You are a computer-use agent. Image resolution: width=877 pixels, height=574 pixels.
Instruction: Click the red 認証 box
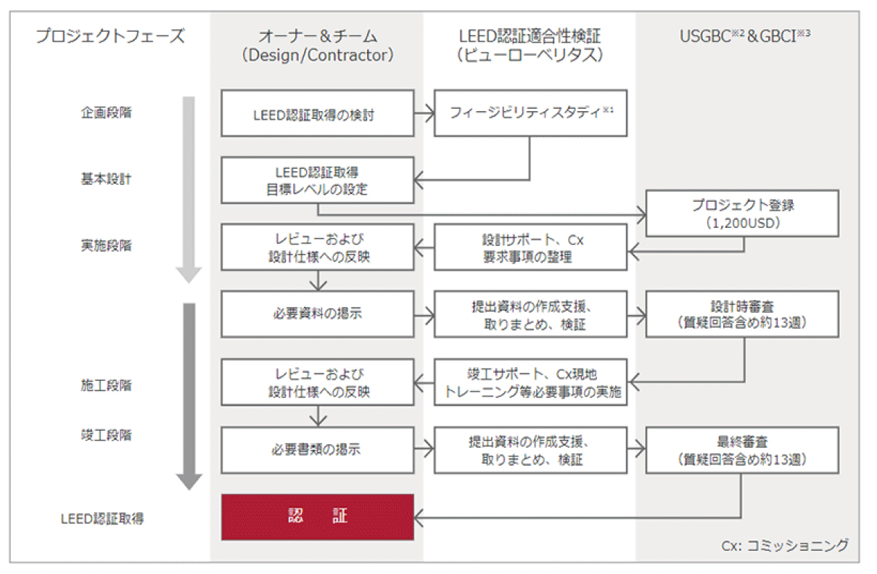pyautogui.click(x=317, y=517)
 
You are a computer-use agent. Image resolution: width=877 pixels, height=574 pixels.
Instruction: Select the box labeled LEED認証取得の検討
pyautogui.click(x=317, y=113)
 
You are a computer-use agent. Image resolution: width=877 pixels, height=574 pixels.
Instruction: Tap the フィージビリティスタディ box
pyautogui.click(x=530, y=113)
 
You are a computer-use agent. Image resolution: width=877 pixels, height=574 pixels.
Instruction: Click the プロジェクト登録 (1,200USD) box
pyautogui.click(x=742, y=213)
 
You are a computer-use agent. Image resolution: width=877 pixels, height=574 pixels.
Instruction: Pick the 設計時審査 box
pyautogui.click(x=742, y=314)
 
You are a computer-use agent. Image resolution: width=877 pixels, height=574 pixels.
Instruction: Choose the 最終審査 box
pyautogui.click(x=742, y=450)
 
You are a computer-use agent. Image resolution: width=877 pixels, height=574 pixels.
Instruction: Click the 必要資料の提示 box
pyautogui.click(x=317, y=314)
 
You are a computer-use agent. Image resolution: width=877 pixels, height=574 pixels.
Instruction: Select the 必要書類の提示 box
pyautogui.click(x=317, y=450)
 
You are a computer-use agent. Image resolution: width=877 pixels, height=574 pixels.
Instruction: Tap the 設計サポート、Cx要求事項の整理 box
pyautogui.click(x=530, y=247)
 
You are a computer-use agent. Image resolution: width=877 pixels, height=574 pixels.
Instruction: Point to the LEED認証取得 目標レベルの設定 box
pyautogui.click(x=317, y=181)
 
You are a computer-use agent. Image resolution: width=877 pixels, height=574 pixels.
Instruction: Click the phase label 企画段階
pyautogui.click(x=106, y=113)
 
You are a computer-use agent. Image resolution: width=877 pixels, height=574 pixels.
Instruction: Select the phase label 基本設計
pyautogui.click(x=106, y=179)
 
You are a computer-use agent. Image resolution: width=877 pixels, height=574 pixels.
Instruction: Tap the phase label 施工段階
pyautogui.click(x=106, y=385)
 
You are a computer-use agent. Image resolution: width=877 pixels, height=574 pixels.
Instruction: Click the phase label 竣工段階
pyautogui.click(x=106, y=435)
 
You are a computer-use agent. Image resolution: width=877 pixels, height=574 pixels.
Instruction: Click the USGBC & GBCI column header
pyautogui.click(x=744, y=36)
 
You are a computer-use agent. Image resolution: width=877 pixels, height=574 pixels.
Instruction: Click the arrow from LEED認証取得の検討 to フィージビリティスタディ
pyautogui.click(x=424, y=113)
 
